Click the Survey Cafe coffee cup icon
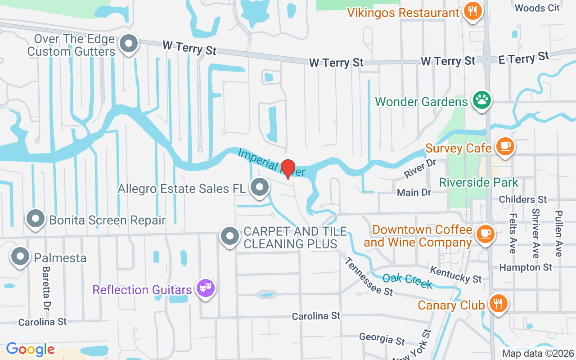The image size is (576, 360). (x=505, y=146)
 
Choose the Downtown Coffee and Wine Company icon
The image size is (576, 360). (x=485, y=234)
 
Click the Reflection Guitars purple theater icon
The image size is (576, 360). (x=205, y=288)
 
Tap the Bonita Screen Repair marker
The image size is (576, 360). (x=36, y=219)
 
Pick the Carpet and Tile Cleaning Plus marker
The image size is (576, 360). (x=230, y=236)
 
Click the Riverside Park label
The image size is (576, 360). (x=478, y=182)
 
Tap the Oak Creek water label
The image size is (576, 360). (x=407, y=281)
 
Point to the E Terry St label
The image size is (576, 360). (x=524, y=58)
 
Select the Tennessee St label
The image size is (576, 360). (x=369, y=276)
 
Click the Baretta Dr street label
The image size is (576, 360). (x=46, y=288)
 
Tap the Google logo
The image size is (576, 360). (x=30, y=349)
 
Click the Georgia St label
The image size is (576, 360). (x=382, y=339)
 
